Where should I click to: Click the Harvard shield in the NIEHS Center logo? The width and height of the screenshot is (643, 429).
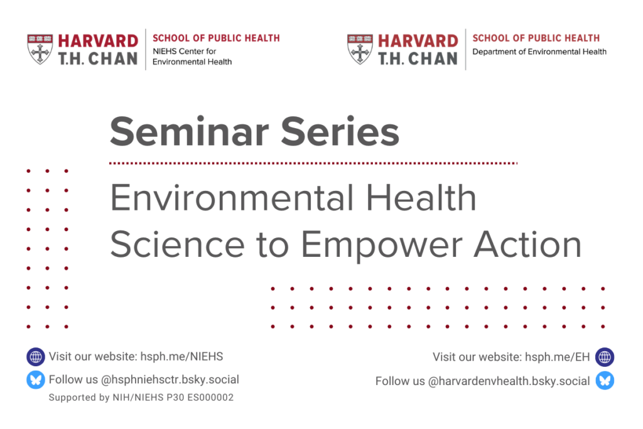pyautogui.click(x=40, y=49)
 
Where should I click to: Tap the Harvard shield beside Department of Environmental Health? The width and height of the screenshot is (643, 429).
pyautogui.click(x=360, y=49)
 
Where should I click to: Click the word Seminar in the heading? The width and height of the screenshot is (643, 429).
pyautogui.click(x=190, y=132)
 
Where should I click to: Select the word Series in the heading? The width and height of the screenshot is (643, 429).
pyautogui.click(x=340, y=132)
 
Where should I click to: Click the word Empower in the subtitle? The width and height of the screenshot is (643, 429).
pyautogui.click(x=382, y=245)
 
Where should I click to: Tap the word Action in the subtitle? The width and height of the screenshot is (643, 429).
pyautogui.click(x=527, y=244)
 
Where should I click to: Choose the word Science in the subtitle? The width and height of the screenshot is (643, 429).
pyautogui.click(x=178, y=244)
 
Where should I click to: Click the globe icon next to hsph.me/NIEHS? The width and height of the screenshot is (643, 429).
pyautogui.click(x=36, y=356)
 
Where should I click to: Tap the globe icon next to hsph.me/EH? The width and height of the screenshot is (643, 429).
pyautogui.click(x=605, y=357)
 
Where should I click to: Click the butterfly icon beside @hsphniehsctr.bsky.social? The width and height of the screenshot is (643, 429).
pyautogui.click(x=36, y=380)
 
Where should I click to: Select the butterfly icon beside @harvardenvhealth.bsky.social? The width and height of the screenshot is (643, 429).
pyautogui.click(x=605, y=381)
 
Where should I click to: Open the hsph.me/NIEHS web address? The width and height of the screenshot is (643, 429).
pyautogui.click(x=181, y=356)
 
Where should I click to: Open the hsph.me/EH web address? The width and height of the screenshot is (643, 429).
pyautogui.click(x=558, y=357)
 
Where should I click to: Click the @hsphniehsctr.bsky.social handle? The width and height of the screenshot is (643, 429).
pyautogui.click(x=170, y=380)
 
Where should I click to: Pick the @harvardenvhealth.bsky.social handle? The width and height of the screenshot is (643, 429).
pyautogui.click(x=509, y=381)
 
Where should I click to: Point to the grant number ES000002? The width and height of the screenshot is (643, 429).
pyautogui.click(x=210, y=398)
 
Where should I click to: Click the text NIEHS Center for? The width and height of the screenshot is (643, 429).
pyautogui.click(x=184, y=52)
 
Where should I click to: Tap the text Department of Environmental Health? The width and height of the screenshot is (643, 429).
pyautogui.click(x=539, y=52)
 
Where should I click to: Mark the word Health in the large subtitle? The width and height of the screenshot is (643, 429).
pyautogui.click(x=421, y=197)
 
